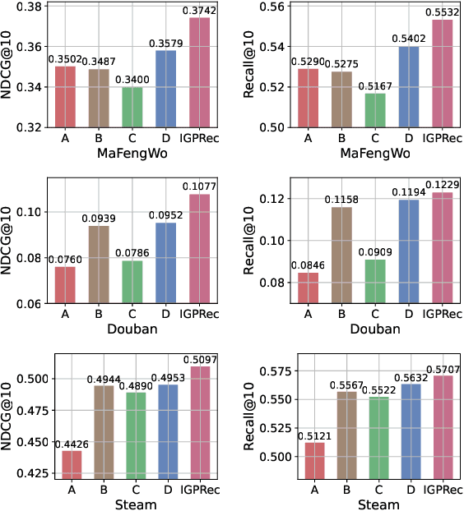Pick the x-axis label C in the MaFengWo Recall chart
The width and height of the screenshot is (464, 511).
click(x=374, y=138)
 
